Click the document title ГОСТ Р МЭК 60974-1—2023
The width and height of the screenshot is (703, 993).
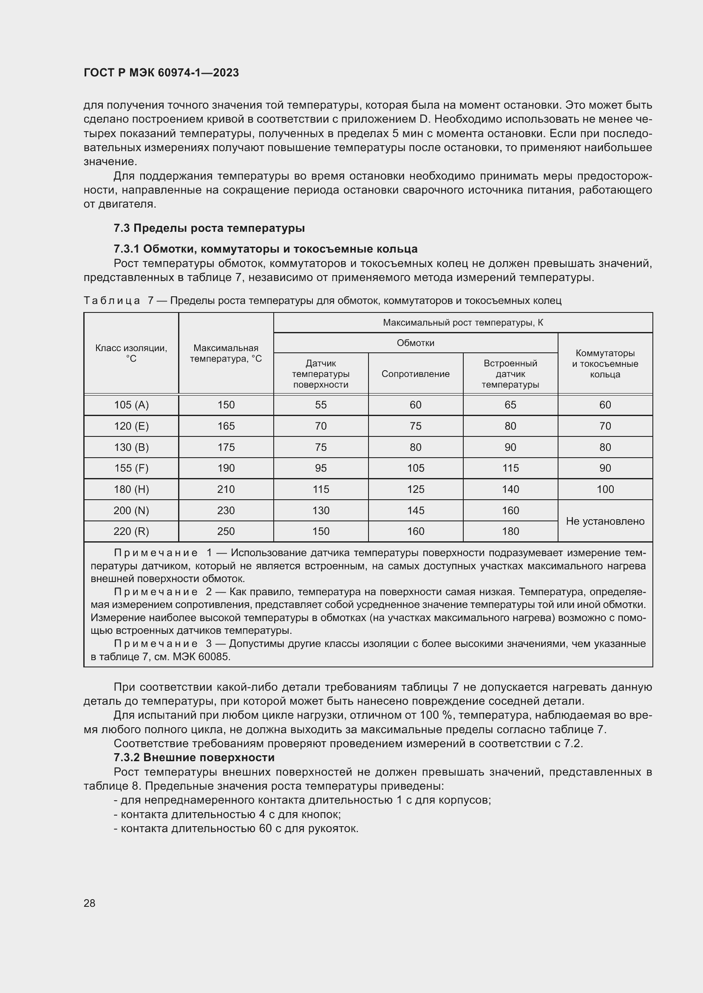click(161, 73)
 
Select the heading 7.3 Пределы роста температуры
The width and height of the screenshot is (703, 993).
click(209, 228)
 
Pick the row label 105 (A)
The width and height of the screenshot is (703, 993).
click(131, 405)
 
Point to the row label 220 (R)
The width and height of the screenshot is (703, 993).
click(131, 531)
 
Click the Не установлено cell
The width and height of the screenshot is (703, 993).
click(605, 521)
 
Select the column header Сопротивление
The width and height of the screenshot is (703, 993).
click(415, 374)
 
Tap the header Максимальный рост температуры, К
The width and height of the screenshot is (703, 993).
click(463, 323)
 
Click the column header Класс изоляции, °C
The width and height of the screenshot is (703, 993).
click(131, 353)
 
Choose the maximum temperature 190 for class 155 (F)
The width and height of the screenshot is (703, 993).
click(226, 468)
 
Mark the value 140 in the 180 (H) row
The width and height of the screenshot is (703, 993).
click(510, 489)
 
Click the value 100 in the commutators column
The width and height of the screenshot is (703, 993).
click(605, 489)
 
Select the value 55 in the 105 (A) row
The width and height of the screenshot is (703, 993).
click(321, 405)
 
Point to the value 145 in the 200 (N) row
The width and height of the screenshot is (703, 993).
click(415, 510)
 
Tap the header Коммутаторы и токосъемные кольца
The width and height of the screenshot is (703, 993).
click(605, 364)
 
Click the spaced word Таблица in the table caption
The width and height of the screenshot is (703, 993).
click(112, 300)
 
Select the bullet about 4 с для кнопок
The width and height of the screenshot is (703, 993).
click(227, 814)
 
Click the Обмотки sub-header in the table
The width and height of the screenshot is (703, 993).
click(415, 343)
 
